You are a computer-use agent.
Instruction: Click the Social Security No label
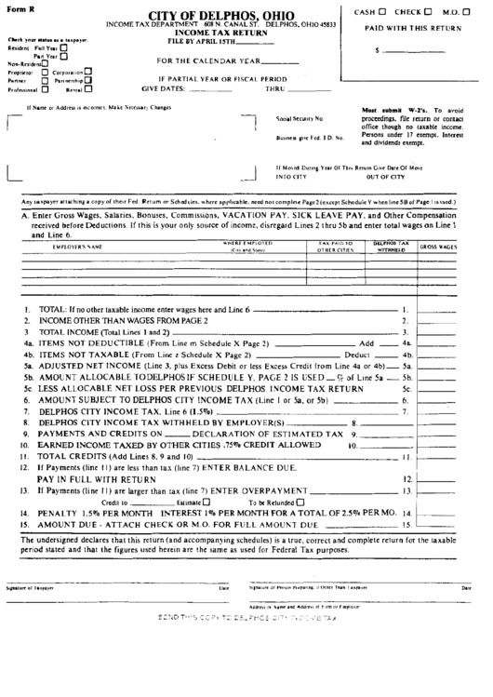pyautogui.click(x=300, y=119)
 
